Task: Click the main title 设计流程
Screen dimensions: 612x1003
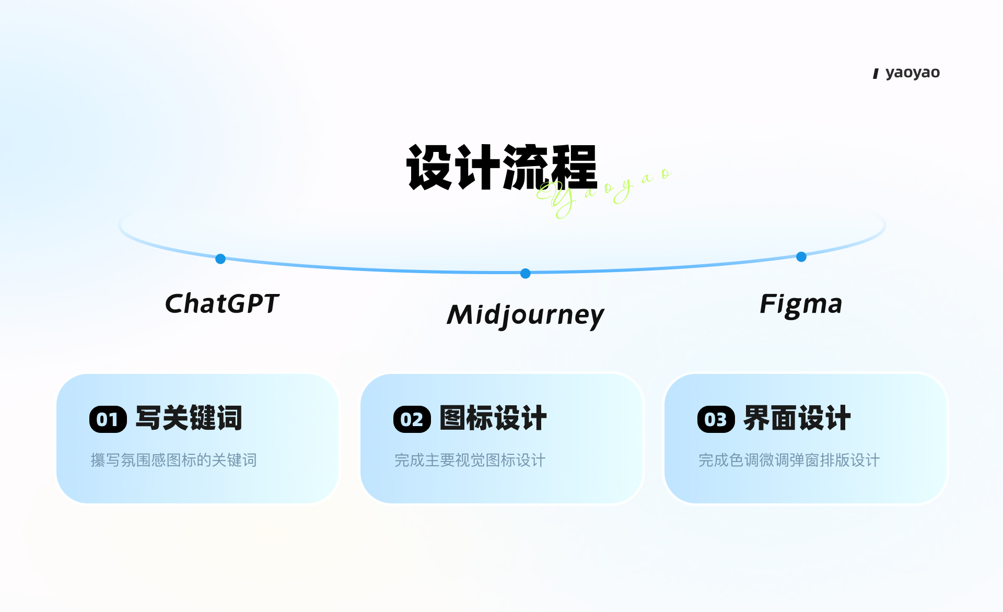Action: pyautogui.click(x=501, y=167)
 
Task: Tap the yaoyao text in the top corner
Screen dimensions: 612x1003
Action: pyautogui.click(x=912, y=73)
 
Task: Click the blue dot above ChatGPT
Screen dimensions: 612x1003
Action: pyautogui.click(x=220, y=258)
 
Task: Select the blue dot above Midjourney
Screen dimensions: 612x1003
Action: pyautogui.click(x=526, y=273)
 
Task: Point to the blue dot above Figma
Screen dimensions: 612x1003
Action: pyautogui.click(x=801, y=256)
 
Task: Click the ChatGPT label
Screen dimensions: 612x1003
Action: pyautogui.click(x=222, y=303)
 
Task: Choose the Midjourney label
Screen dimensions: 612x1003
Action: pyautogui.click(x=526, y=315)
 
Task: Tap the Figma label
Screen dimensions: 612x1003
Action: pyautogui.click(x=801, y=304)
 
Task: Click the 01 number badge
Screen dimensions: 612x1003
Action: pyautogui.click(x=108, y=419)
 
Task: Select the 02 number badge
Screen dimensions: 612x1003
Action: pyautogui.click(x=412, y=419)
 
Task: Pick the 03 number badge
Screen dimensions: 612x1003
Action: pyautogui.click(x=716, y=419)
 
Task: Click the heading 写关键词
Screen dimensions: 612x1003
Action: pyautogui.click(x=189, y=418)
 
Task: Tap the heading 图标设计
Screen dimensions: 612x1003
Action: pyautogui.click(x=493, y=418)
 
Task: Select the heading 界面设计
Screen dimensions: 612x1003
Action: pyautogui.click(x=797, y=418)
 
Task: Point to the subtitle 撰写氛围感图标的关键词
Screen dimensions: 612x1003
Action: pyautogui.click(x=174, y=460)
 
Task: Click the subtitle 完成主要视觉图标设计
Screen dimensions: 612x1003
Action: pyautogui.click(x=470, y=460)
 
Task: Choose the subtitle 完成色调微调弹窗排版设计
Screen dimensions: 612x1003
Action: pyautogui.click(x=789, y=460)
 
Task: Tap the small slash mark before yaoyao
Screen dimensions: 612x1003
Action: pyautogui.click(x=876, y=74)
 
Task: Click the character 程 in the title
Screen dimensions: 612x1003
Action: pyautogui.click(x=573, y=167)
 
